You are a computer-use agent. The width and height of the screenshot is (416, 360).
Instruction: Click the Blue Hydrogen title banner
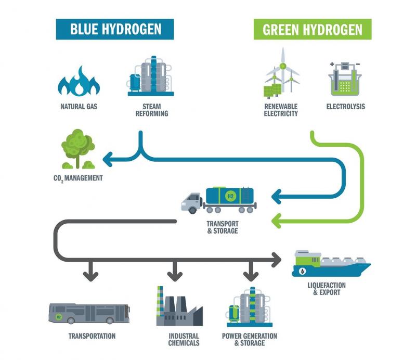click(x=114, y=29)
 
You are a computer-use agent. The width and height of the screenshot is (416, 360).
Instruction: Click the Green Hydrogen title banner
click(x=313, y=29)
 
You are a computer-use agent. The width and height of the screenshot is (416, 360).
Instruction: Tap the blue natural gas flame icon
click(x=79, y=81)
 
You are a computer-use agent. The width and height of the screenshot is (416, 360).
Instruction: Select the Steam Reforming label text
click(x=152, y=110)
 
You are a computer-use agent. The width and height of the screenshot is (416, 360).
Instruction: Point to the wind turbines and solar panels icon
click(x=281, y=72)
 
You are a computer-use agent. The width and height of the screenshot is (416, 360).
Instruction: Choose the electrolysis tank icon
click(x=345, y=79)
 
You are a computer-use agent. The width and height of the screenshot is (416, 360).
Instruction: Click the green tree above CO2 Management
click(x=78, y=149)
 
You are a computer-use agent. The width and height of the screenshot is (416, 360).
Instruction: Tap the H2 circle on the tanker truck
click(x=230, y=197)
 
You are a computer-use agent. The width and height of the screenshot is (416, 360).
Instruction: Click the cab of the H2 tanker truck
click(x=191, y=202)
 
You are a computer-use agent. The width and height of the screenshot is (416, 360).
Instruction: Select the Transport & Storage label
click(x=223, y=227)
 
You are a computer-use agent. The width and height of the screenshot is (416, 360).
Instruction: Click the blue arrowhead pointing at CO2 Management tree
click(x=107, y=160)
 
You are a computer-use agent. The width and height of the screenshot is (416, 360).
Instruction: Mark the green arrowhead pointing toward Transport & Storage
click(x=276, y=221)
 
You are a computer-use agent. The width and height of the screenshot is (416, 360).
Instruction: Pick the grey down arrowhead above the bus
click(x=90, y=276)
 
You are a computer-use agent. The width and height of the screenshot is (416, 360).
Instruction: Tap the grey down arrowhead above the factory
click(x=175, y=276)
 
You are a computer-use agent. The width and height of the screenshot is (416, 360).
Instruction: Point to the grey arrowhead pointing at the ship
click(x=277, y=260)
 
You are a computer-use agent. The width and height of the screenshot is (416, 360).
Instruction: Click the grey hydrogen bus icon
click(x=89, y=314)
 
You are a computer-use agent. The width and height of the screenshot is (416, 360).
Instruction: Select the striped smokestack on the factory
click(x=160, y=301)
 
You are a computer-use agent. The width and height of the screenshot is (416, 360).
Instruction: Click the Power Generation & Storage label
click(x=250, y=340)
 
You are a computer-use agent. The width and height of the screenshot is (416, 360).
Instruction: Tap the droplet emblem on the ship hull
click(x=302, y=271)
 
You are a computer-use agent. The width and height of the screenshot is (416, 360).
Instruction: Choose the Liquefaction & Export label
click(x=327, y=289)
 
